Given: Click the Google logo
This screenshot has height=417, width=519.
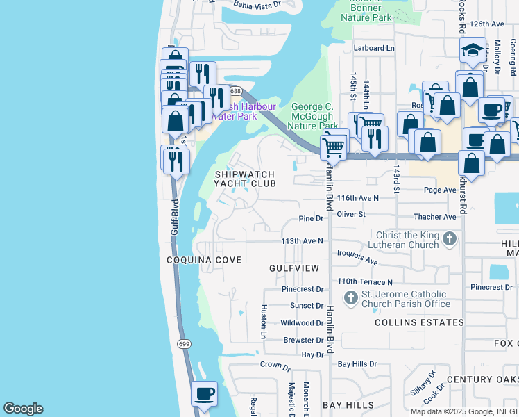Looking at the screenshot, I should tap(23, 409).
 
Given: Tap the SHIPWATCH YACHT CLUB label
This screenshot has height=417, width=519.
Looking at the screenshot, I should tap(244, 179).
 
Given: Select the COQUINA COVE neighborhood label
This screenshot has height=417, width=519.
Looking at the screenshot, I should tap(204, 260).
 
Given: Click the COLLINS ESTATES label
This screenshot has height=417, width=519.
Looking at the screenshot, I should tap(419, 322).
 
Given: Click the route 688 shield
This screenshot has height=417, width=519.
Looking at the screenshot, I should tap(236, 91).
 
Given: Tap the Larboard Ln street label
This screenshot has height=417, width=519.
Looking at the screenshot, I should tap(373, 48).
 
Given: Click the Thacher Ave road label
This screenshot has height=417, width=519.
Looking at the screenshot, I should tap(434, 217).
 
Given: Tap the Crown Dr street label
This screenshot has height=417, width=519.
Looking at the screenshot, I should tap(275, 365).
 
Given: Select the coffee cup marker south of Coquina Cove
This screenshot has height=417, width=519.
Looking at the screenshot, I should tap(204, 394).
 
